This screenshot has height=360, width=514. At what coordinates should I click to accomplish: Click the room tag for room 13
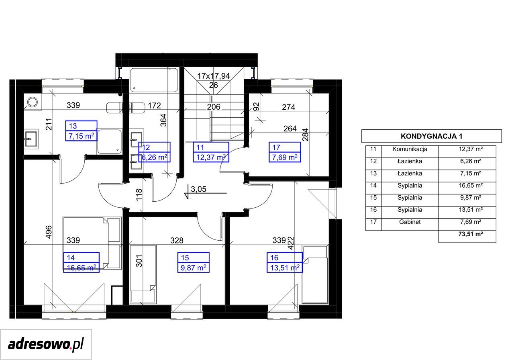click(x=81, y=131)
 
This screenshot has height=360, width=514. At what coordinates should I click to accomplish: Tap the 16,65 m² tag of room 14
click(x=81, y=268)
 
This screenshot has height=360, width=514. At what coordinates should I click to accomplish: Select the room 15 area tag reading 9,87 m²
click(x=194, y=268)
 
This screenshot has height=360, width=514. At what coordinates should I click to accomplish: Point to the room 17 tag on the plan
click(x=285, y=152)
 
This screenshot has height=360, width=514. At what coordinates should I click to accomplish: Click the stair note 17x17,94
click(x=213, y=76)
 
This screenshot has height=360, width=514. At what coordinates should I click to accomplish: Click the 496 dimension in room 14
click(x=49, y=232)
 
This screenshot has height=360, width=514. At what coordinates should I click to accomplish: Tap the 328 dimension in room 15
click(x=177, y=240)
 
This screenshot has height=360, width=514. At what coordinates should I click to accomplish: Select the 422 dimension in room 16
click(x=291, y=243)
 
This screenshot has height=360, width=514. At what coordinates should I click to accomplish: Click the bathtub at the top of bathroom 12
click(x=154, y=80)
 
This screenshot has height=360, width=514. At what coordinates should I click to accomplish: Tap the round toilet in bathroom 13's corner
click(x=33, y=102)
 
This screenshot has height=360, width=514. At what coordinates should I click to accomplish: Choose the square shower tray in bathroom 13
click(x=110, y=141)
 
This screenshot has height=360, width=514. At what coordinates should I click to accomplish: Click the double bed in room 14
click(x=92, y=243)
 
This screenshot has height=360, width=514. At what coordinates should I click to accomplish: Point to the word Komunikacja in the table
click(x=410, y=149)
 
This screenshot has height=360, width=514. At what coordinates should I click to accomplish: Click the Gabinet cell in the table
click(x=410, y=222)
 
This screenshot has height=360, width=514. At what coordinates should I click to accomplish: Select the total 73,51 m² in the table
click(x=471, y=234)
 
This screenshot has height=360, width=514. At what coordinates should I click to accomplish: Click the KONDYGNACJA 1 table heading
click(x=431, y=136)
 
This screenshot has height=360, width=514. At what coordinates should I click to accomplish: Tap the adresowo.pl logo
click(x=46, y=344)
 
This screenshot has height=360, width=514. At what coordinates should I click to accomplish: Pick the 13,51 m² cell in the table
click(x=471, y=210)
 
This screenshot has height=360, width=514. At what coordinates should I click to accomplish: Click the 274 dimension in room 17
click(x=288, y=107)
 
